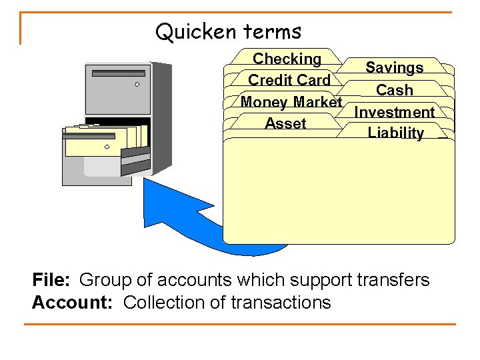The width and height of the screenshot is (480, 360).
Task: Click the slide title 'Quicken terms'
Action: click(x=228, y=31)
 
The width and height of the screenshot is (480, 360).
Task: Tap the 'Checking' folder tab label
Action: click(x=287, y=59)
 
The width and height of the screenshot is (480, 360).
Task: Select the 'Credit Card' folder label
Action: click(x=289, y=81)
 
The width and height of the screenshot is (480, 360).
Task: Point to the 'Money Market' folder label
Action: click(x=291, y=103)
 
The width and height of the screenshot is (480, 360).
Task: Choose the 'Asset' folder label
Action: click(x=285, y=123)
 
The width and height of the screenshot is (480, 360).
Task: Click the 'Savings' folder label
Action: click(x=394, y=68)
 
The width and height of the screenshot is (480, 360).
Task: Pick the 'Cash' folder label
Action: click(x=394, y=90)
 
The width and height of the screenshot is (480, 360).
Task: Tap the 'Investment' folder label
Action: click(x=394, y=112)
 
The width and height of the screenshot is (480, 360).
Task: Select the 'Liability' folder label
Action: click(x=395, y=133)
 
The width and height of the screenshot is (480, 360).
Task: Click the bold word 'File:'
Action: click(x=52, y=280)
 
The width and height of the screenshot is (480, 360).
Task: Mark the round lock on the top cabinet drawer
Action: click(x=137, y=85)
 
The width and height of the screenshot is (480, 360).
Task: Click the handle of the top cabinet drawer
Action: click(x=118, y=73)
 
